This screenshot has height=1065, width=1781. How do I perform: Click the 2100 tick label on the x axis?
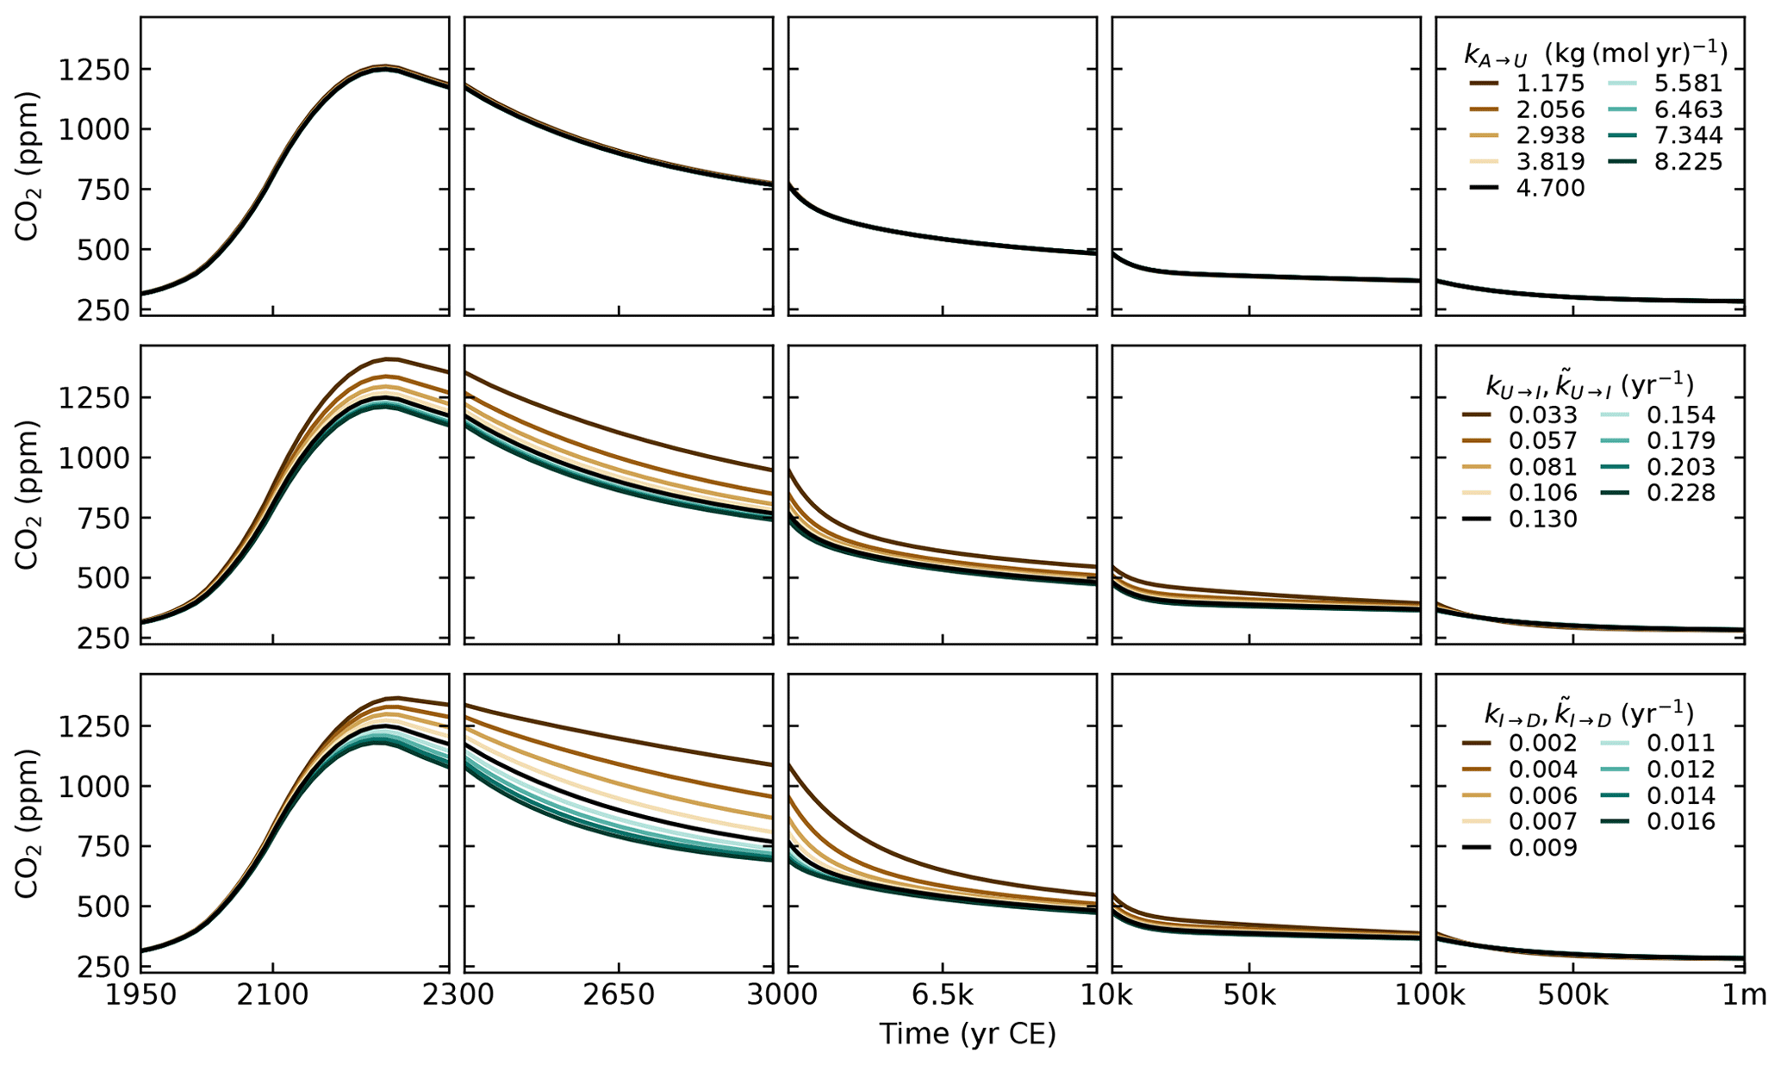[272, 995]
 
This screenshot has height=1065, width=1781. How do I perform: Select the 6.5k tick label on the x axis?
[942, 995]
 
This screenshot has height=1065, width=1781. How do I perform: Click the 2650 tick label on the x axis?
[619, 995]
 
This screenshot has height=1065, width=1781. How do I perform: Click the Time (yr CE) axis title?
[967, 1033]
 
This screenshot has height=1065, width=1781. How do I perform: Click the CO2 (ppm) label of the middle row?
[28, 494]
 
